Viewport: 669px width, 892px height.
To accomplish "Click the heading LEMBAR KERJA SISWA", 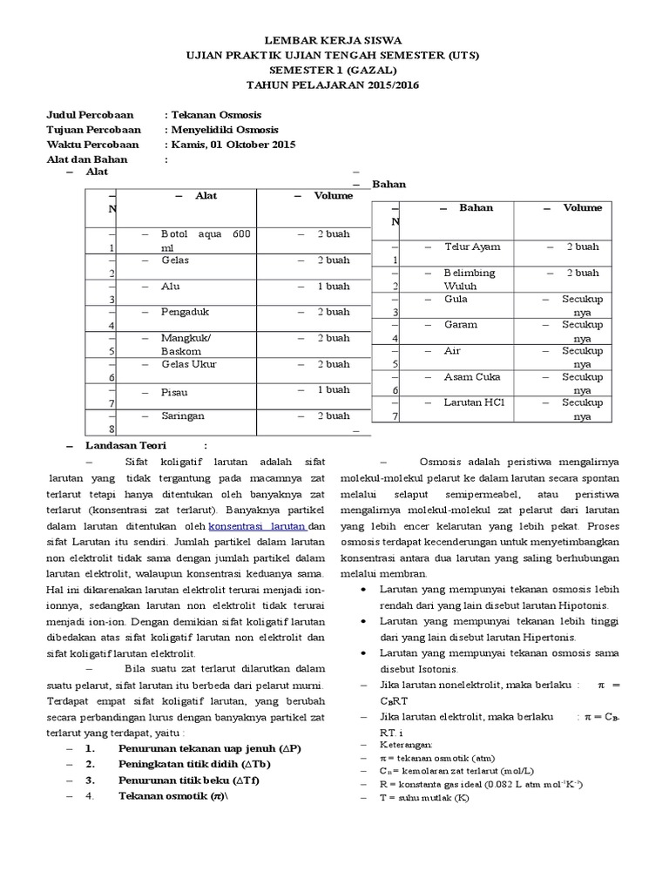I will click(334, 41).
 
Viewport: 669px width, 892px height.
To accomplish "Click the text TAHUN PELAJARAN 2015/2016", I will click(334, 85).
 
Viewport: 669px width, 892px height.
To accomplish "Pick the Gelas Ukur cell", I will click(189, 364).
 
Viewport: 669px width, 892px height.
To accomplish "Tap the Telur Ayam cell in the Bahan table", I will click(473, 247).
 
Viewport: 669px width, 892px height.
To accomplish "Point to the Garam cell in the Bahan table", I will click(461, 325).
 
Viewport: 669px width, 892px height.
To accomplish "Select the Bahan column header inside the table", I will click(476, 208).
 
